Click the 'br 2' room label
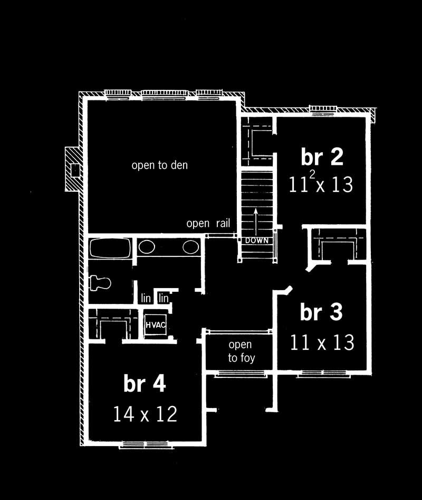(x=322, y=157)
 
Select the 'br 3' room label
(x=321, y=312)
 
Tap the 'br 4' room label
(x=145, y=384)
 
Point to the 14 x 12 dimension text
(x=145, y=414)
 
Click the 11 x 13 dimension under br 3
(x=321, y=342)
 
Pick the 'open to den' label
(x=159, y=165)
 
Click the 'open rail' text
(x=208, y=224)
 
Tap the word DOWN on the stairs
(x=257, y=240)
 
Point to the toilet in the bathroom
(x=100, y=283)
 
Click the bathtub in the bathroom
(x=110, y=248)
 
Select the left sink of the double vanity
(x=146, y=247)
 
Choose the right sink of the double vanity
(x=190, y=247)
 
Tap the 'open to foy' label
(x=241, y=351)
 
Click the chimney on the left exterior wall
(x=73, y=169)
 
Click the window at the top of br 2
(x=323, y=110)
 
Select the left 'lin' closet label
(x=146, y=299)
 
